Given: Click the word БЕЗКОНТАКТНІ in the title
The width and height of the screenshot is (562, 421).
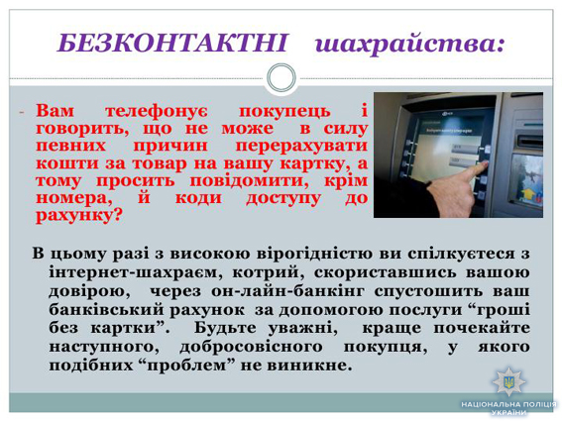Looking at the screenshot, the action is pyautogui.click(x=172, y=43).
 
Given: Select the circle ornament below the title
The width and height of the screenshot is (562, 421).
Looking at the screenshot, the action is pyautogui.click(x=281, y=77).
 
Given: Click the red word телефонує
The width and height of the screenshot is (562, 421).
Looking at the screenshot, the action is pyautogui.click(x=157, y=111).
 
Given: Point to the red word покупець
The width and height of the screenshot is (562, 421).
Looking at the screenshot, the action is pyautogui.click(x=284, y=111).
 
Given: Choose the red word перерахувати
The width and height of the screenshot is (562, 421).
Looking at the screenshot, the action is pyautogui.click(x=301, y=146).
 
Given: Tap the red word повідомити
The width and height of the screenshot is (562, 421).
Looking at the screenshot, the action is pyautogui.click(x=249, y=180).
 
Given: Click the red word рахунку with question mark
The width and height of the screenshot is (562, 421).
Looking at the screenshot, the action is pyautogui.click(x=79, y=215).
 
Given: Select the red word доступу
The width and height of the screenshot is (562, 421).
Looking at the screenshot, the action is pyautogui.click(x=283, y=199).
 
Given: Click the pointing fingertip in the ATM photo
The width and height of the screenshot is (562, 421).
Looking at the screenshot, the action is pyautogui.click(x=485, y=163).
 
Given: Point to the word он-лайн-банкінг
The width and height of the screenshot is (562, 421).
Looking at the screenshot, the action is pyautogui.click(x=287, y=291).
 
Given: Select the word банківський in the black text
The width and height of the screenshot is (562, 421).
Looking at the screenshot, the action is pyautogui.click(x=106, y=310).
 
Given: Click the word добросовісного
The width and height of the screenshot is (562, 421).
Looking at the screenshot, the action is pyautogui.click(x=251, y=347).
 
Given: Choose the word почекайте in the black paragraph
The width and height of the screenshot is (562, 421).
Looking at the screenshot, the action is pyautogui.click(x=482, y=328).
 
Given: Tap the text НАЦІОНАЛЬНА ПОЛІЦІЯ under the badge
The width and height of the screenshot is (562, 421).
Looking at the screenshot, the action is pyautogui.click(x=508, y=404).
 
